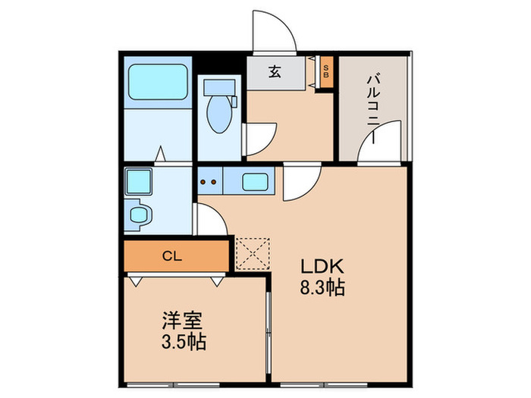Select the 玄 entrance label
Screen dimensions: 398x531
[275, 73]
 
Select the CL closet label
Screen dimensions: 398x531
[173, 255]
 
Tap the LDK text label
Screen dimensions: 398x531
[324, 267]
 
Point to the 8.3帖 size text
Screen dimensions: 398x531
[324, 289]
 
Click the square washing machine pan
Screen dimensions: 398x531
[139, 182]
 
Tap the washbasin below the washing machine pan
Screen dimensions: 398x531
[140, 215]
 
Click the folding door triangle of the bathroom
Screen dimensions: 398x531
[160, 155]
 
